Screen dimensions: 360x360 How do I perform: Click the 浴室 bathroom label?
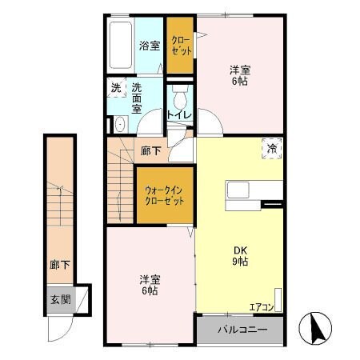tap(149, 46)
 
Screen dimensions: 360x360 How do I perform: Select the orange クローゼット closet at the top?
tap(180, 46)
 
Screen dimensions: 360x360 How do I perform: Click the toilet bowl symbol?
tap(179, 100)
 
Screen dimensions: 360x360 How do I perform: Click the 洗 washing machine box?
tap(117, 88)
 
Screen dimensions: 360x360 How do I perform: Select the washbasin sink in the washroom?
tap(120, 123)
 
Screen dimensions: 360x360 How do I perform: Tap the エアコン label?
tap(261, 306)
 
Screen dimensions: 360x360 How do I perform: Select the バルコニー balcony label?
tap(241, 329)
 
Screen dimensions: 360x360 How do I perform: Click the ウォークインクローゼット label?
tap(164, 195)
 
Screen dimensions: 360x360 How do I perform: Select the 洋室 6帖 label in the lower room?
tap(150, 285)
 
